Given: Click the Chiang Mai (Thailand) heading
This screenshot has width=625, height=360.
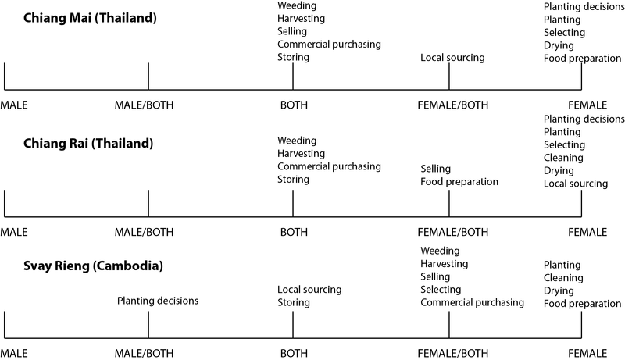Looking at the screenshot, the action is pyautogui.click(x=90, y=18).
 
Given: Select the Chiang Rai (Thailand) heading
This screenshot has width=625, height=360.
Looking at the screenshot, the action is pyautogui.click(x=88, y=144).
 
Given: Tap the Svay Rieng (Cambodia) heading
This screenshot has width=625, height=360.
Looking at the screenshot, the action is pyautogui.click(x=93, y=266).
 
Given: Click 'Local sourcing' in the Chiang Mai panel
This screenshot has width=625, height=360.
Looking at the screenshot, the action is pyautogui.click(x=452, y=58).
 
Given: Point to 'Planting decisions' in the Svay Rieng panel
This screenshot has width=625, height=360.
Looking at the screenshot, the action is pyautogui.click(x=158, y=301).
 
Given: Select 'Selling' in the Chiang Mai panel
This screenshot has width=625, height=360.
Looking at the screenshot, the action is pyautogui.click(x=292, y=31).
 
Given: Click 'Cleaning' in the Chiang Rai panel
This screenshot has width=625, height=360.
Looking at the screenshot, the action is pyautogui.click(x=563, y=158).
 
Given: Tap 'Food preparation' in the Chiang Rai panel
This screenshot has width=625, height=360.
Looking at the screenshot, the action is pyautogui.click(x=459, y=182).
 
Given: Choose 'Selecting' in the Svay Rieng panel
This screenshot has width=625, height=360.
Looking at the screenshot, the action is pyautogui.click(x=441, y=290).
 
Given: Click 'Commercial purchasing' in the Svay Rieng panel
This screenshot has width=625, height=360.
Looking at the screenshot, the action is pyautogui.click(x=472, y=303).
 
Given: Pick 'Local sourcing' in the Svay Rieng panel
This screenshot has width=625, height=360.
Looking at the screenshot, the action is pyautogui.click(x=309, y=290).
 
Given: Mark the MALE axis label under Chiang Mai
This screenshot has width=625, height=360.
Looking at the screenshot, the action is pyautogui.click(x=14, y=105).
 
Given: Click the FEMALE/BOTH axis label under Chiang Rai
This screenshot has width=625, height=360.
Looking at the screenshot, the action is pyautogui.click(x=453, y=232).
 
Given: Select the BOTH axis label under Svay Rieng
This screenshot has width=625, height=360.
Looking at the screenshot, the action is pyautogui.click(x=294, y=353).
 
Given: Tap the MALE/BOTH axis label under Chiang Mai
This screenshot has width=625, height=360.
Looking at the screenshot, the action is pyautogui.click(x=144, y=105).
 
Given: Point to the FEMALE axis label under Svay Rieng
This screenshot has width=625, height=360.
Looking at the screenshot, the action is pyautogui.click(x=587, y=353).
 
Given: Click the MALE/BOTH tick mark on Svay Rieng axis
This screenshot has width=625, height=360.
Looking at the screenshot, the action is pyautogui.click(x=148, y=325).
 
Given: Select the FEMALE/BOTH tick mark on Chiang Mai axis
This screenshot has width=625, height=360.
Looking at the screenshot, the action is pyautogui.click(x=449, y=77).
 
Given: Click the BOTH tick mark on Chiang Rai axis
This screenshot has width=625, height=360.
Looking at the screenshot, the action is pyautogui.click(x=293, y=204).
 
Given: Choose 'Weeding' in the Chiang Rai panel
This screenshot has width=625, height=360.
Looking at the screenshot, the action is pyautogui.click(x=297, y=141).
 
